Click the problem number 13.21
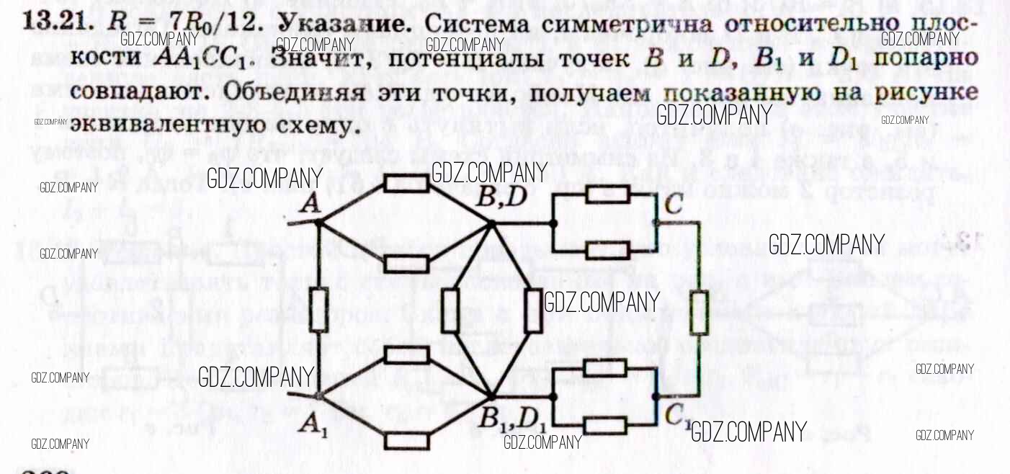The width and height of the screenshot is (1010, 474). [57, 23]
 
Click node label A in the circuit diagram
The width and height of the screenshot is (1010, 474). [310, 205]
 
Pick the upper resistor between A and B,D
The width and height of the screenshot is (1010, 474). [406, 183]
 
